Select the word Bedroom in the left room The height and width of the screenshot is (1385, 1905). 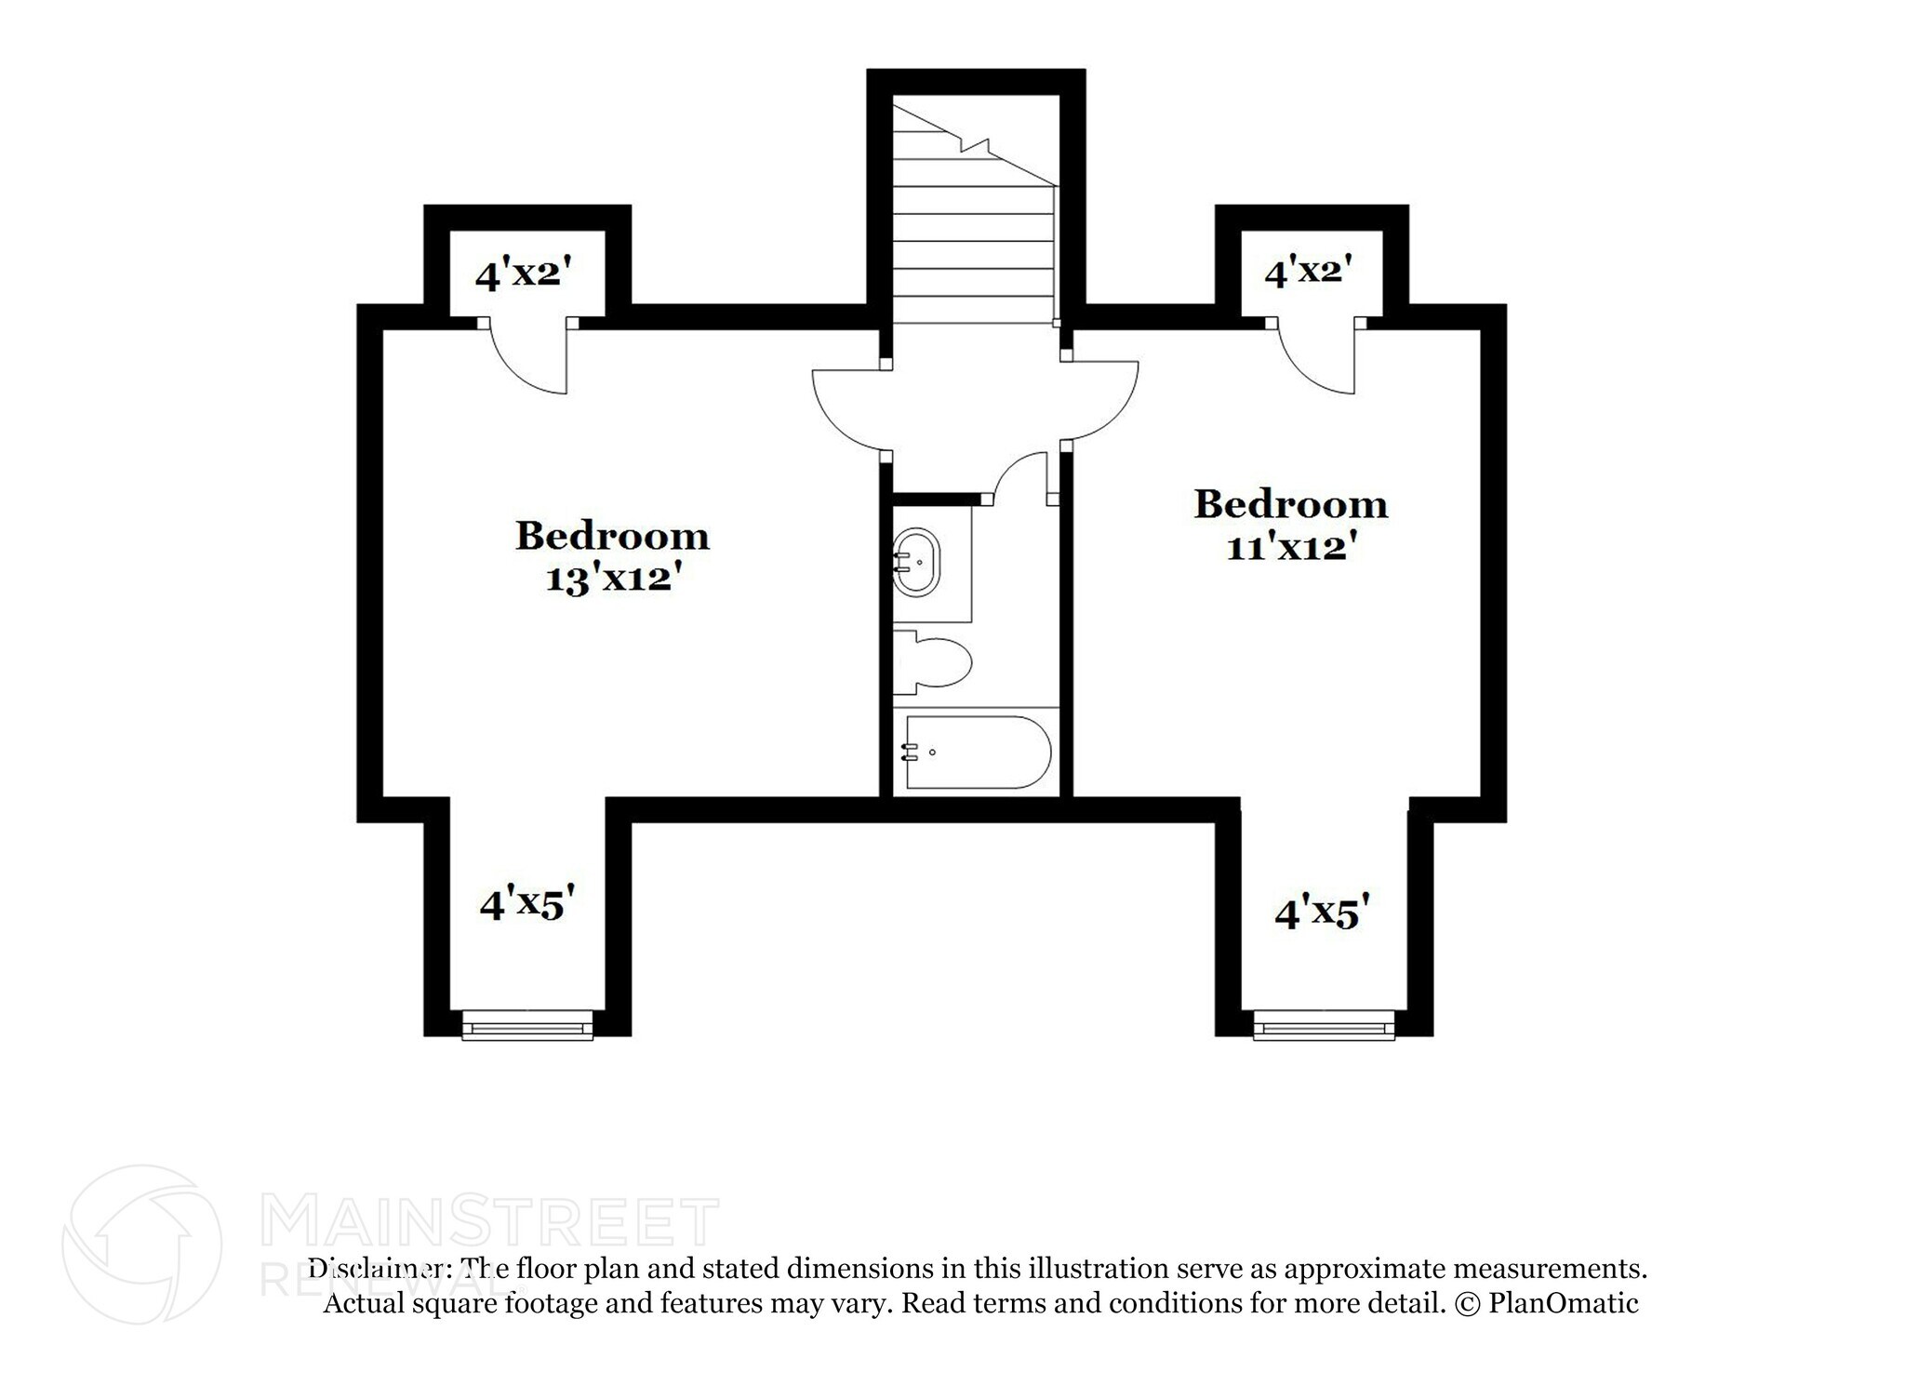click(x=612, y=536)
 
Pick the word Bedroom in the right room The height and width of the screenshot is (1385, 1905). click(x=1290, y=504)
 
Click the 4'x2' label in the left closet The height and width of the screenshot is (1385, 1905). click(x=522, y=274)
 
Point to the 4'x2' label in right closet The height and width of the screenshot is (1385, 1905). click(x=1308, y=272)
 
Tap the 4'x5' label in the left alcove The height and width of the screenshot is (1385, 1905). click(x=522, y=903)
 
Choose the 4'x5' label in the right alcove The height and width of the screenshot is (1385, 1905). click(x=1323, y=914)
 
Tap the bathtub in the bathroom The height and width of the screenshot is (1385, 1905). click(x=977, y=752)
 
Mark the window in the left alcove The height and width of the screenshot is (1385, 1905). click(x=527, y=1028)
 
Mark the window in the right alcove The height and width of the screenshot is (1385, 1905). click(x=1324, y=1028)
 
